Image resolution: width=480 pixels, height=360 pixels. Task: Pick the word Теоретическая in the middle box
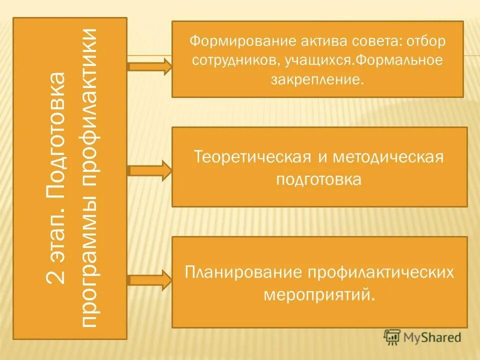(x=250, y=157)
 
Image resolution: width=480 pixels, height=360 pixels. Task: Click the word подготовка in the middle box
(x=318, y=179)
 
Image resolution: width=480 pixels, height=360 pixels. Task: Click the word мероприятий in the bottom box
(x=318, y=293)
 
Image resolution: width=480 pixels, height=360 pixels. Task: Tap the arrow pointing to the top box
(x=149, y=66)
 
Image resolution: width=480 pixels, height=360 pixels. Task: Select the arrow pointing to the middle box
(x=149, y=171)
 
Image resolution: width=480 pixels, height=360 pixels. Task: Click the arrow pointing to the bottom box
(x=149, y=280)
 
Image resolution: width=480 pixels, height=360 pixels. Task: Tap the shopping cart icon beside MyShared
(x=391, y=337)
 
